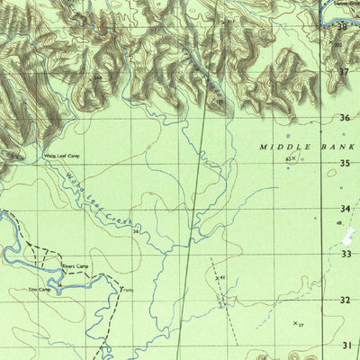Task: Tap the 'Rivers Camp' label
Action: tap(75, 267)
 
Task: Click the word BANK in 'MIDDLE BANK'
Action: tap(337, 146)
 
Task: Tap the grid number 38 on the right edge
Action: tap(343, 27)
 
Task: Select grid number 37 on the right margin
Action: tap(343, 71)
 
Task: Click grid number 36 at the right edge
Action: tap(344, 118)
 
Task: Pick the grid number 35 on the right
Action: tap(344, 163)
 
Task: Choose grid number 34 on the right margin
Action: tap(344, 209)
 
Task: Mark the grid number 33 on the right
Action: tap(345, 255)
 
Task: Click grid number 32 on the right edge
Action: tap(345, 300)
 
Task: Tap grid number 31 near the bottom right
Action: tap(346, 345)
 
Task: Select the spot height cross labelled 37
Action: tap(294, 321)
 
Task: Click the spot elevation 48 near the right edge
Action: tap(339, 222)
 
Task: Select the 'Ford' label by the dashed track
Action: tap(127, 291)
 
